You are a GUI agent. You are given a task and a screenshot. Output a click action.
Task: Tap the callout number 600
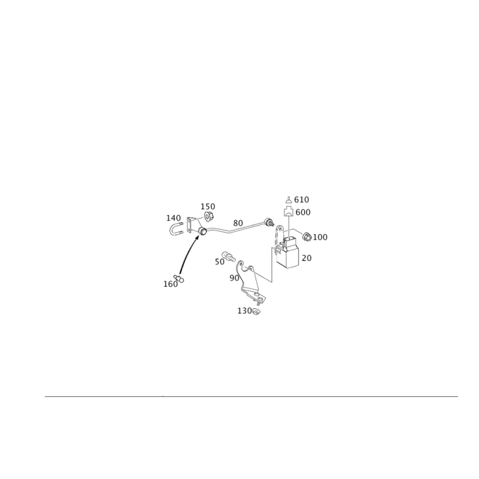coord(303,212)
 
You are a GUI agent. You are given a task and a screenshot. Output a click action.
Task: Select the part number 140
coord(173,217)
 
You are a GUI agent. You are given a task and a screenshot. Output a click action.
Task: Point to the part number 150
coord(209,207)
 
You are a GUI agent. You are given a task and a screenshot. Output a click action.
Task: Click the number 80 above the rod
coord(238,222)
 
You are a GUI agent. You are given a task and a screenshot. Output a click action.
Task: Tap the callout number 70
coord(306,258)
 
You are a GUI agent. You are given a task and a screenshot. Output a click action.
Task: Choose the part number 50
coord(219,262)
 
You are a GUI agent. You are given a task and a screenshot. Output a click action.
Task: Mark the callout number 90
coord(234,278)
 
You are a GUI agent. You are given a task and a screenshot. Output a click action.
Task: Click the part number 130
coord(244,311)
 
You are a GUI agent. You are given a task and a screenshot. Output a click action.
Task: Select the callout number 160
coord(170,284)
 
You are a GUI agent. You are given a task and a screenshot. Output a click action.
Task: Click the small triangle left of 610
coord(289,199)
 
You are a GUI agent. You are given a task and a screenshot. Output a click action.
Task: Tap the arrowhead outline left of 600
coord(288,211)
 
